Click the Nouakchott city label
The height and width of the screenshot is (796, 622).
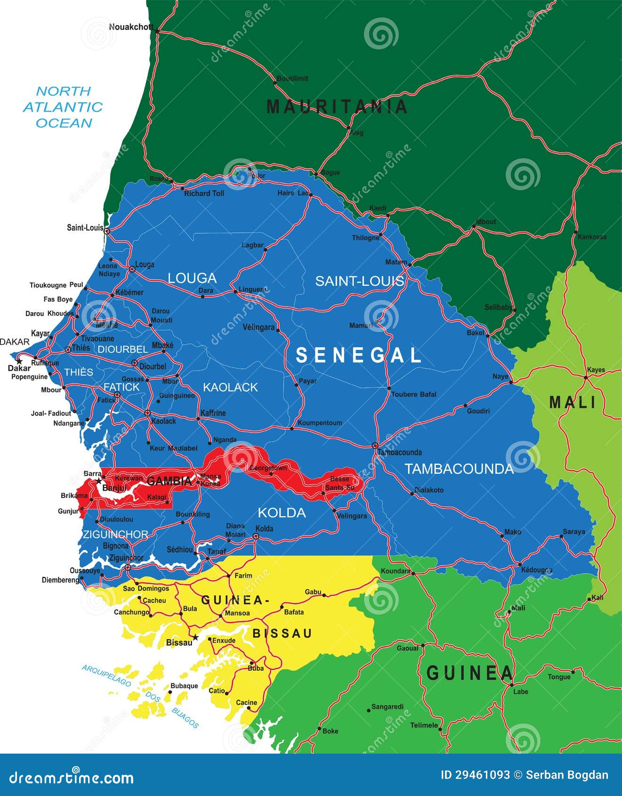tap(131, 27)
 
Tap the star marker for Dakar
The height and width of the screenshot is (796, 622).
tap(19, 361)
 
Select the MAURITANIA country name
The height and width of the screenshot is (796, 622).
tap(337, 107)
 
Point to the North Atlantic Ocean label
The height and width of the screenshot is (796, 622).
tap(63, 107)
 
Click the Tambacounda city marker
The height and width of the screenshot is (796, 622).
tap(375, 445)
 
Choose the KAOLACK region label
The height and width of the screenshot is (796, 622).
tap(230, 387)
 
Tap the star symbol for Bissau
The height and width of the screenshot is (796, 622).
tap(196, 637)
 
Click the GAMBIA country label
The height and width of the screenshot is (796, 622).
tap(169, 481)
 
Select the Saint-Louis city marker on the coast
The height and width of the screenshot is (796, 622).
tap(107, 231)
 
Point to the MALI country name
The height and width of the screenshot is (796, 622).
tap(573, 402)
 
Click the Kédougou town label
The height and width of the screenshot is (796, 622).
tap(537, 570)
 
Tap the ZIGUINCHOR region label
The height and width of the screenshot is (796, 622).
tap(115, 534)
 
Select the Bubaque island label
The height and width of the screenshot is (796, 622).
tap(184, 686)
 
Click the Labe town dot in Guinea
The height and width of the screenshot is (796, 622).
tap(511, 685)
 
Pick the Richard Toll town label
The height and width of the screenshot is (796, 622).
tap(204, 194)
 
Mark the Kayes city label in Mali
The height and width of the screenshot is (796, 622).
tap(596, 370)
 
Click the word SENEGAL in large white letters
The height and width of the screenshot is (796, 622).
tap(358, 355)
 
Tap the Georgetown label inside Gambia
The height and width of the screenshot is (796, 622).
tap(268, 468)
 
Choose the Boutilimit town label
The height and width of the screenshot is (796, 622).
tap(292, 79)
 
